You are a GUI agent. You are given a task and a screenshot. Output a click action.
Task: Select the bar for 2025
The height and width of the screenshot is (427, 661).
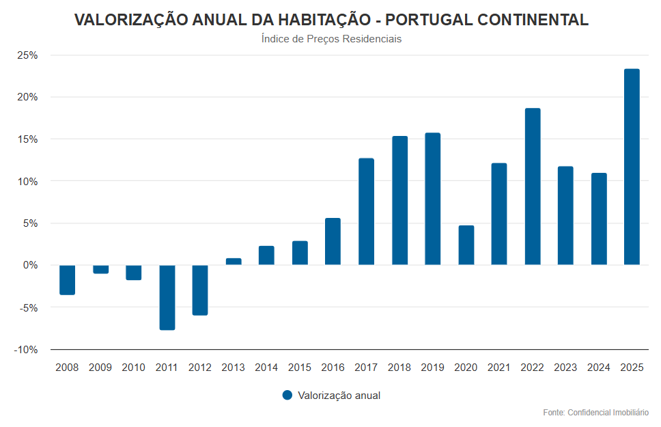[632, 167]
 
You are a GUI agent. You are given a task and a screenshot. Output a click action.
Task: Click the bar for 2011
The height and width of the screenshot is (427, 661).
[167, 297]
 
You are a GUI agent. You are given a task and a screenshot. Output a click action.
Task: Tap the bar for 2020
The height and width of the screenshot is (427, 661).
[466, 245]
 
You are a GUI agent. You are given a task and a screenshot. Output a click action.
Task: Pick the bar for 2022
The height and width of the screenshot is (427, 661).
[533, 187]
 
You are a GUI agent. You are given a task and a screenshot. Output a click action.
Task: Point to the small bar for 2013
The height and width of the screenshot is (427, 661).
[234, 262]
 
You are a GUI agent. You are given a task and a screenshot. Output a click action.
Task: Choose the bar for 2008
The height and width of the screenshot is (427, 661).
[67, 279]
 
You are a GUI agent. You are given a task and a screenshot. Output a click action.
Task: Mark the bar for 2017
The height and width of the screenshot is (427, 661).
[367, 212]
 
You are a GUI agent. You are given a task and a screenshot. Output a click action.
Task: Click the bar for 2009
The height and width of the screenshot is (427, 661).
[101, 269]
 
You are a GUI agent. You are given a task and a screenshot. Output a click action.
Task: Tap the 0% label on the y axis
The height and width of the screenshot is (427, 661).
[30, 265]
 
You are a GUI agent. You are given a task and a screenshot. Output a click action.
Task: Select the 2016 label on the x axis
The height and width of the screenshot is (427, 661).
[333, 368]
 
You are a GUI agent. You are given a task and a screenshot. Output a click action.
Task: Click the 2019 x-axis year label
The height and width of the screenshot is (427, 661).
[433, 368]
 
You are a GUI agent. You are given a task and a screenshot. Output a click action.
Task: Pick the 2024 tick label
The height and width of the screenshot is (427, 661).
[599, 368]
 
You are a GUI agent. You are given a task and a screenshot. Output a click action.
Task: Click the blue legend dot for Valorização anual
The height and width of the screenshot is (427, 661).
[287, 395]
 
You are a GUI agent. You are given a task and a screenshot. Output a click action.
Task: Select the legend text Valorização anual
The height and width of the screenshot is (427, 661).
[339, 396]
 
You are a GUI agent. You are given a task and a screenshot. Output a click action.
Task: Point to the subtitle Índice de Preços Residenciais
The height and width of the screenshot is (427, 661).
[331, 39]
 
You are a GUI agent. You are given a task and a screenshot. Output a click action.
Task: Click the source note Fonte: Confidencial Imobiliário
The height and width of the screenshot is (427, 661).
[595, 413]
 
